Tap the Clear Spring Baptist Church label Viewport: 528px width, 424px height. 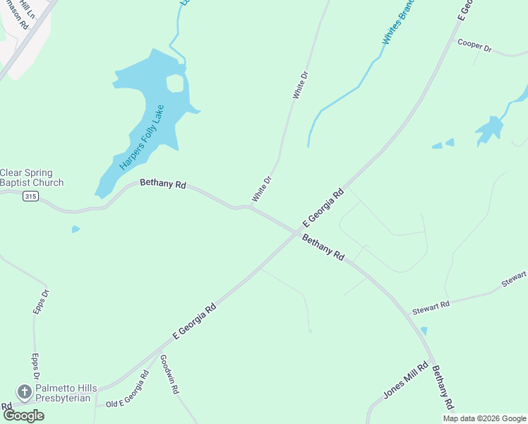click(32, 177)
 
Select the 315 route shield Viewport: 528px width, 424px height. click(30, 196)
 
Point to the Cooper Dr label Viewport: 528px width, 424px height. click(474, 45)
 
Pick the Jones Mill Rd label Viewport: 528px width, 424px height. click(406, 381)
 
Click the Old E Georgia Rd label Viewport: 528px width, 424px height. click(127, 389)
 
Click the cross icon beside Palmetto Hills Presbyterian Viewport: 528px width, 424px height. click(24, 391)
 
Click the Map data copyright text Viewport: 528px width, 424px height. click(484, 418)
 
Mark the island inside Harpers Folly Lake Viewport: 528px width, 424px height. click(174, 83)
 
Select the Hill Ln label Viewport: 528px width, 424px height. click(26, 8)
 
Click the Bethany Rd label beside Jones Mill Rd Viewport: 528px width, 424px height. click(442, 387)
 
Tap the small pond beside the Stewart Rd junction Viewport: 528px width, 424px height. click(424, 330)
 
